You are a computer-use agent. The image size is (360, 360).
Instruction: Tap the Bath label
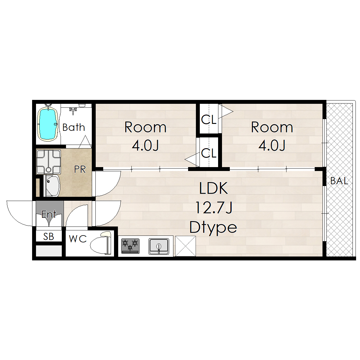(x=73, y=127)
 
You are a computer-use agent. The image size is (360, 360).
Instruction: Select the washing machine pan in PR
(x=49, y=162)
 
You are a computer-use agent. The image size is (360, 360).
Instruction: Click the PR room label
(x=80, y=169)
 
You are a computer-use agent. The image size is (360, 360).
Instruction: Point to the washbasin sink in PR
(x=52, y=186)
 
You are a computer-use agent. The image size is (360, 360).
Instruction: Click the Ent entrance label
(x=49, y=214)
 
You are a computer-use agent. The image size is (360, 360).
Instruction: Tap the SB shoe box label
(x=49, y=236)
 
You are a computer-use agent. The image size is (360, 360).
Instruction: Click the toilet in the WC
(x=101, y=243)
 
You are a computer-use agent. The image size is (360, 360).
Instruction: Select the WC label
(x=78, y=239)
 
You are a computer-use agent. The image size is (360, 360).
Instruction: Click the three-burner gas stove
(x=130, y=246)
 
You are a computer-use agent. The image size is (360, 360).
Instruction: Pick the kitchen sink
(x=159, y=246)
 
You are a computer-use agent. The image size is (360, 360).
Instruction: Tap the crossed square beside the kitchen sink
(x=185, y=246)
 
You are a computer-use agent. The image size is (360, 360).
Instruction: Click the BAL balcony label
(x=339, y=181)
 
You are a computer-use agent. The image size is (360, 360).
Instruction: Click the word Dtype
(x=213, y=227)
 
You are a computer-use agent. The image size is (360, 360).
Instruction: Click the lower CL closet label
(x=209, y=153)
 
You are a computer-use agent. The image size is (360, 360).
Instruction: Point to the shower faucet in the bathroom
(x=73, y=110)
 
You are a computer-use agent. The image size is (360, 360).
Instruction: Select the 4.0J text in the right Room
(x=272, y=145)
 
